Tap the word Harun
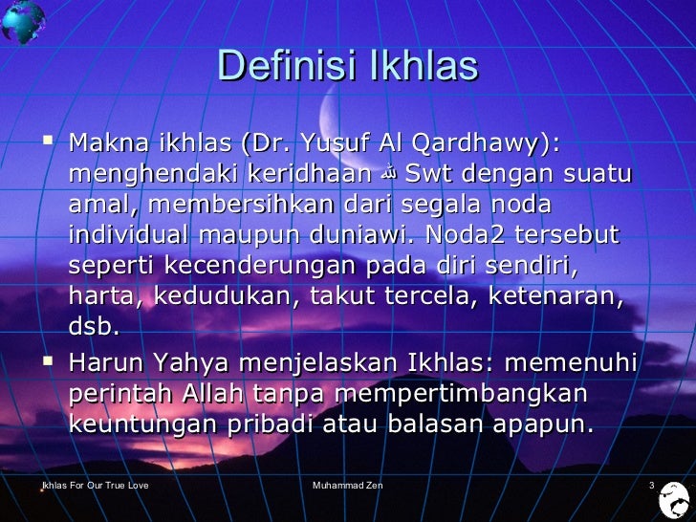(x=106, y=364)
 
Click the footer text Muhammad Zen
(x=348, y=487)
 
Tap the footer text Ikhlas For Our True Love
(x=88, y=487)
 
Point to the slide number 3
(x=651, y=487)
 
